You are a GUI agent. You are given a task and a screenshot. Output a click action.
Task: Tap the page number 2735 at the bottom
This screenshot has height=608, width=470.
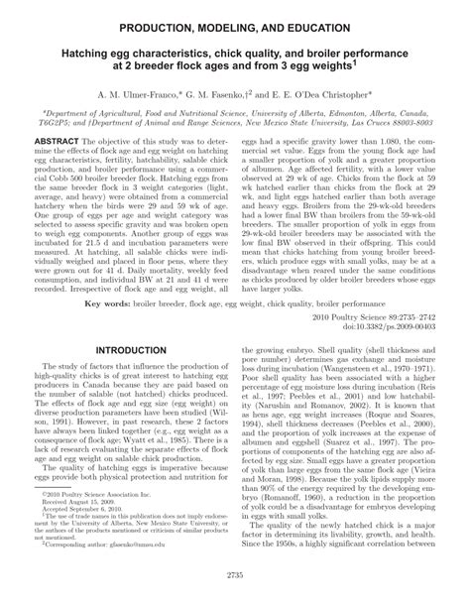point(234,599)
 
